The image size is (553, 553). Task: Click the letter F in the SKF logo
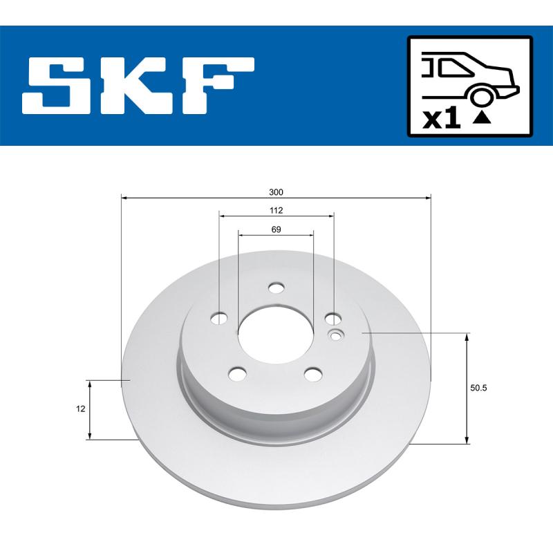tap(219, 86)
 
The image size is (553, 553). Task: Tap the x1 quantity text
tap(440, 120)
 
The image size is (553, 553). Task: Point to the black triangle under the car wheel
tap(482, 117)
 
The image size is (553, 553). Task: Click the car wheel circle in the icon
tap(482, 97)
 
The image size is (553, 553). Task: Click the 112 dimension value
tap(276, 210)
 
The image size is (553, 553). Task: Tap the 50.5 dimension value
tap(479, 388)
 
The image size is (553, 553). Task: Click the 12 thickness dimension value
tap(81, 409)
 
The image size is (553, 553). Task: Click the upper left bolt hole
tap(220, 319)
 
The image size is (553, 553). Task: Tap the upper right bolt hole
tap(333, 319)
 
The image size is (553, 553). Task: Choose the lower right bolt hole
tap(314, 373)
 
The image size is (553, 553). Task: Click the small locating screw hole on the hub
tap(336, 337)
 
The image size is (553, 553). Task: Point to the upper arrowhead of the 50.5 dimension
tap(467, 337)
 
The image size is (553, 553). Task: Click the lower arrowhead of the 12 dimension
tap(90, 435)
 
